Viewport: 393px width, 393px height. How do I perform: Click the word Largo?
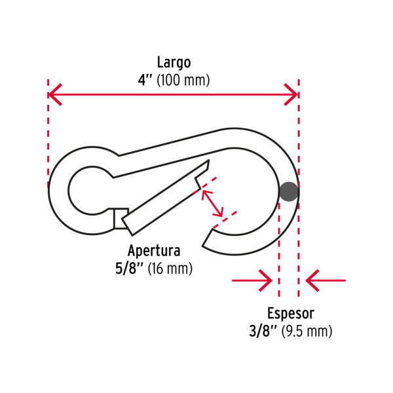(174, 63)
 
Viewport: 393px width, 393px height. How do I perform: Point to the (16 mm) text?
(171, 268)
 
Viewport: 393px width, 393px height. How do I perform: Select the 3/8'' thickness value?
(264, 331)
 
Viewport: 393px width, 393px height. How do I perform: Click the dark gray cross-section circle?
(289, 191)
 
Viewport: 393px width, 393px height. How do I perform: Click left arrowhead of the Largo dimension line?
(55, 96)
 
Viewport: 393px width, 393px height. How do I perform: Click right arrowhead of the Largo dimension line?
(292, 96)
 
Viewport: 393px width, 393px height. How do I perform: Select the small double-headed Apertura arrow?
(212, 203)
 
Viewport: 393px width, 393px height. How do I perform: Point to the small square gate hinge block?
(120, 218)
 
